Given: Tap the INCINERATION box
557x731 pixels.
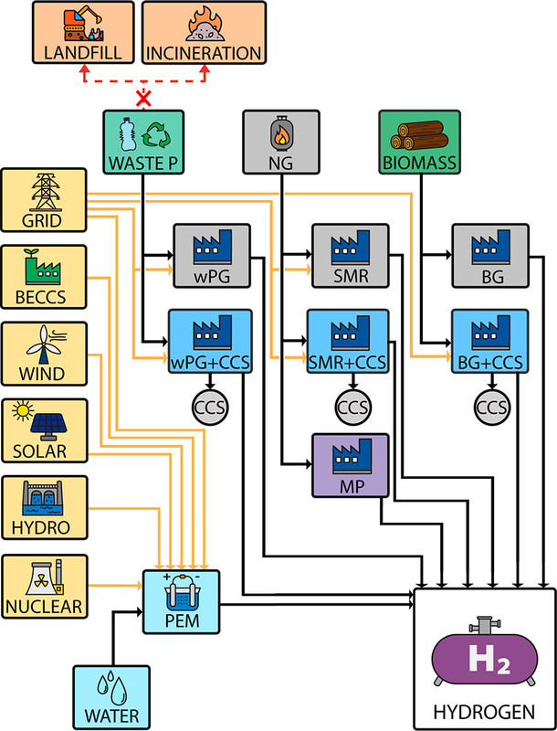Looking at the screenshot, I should [x=205, y=32].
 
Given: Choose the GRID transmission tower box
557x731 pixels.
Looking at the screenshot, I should [x=45, y=202].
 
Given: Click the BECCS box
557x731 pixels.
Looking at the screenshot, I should [x=45, y=278].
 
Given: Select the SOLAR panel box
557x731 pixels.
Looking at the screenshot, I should [x=45, y=431].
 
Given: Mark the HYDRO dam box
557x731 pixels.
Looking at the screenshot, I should [x=45, y=508].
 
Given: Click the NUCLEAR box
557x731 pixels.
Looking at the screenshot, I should [x=45, y=586].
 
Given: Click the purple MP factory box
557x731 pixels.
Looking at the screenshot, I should [x=351, y=465].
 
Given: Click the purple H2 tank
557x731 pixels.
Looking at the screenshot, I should [x=485, y=658].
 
